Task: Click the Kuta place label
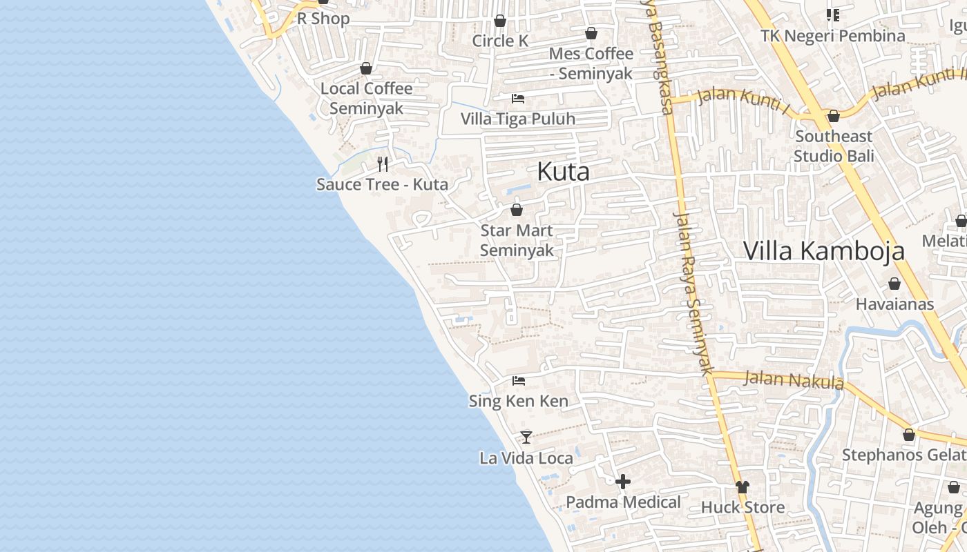[563, 172]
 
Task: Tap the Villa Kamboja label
[823, 250]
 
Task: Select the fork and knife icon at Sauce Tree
[383, 164]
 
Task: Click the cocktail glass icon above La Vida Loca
[526, 437]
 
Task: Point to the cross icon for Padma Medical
[623, 482]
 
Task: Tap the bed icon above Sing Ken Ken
[519, 381]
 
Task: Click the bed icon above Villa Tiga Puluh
[518, 99]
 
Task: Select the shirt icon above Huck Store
[743, 487]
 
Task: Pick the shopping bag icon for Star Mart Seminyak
[517, 210]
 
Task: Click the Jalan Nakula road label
[794, 380]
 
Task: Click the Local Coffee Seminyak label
[366, 98]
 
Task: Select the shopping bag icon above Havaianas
[894, 284]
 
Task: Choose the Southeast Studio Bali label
[834, 146]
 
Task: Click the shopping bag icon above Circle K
[500, 21]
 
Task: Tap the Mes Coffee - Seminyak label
[591, 63]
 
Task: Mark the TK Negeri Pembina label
[832, 36]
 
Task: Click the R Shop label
[323, 19]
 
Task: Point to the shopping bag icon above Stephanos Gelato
[909, 435]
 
